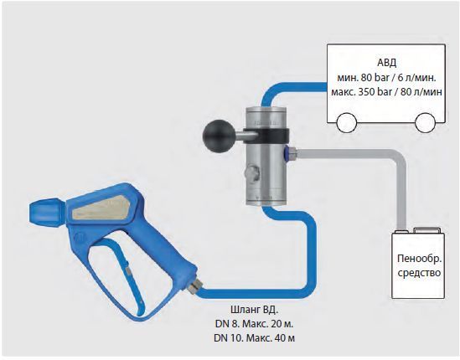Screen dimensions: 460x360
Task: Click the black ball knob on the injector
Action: [215, 136]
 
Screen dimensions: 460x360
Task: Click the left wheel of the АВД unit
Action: [347, 123]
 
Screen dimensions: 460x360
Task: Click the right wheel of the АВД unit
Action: [425, 123]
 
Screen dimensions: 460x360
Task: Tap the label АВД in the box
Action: [386, 63]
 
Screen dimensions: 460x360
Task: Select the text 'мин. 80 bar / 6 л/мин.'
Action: [386, 77]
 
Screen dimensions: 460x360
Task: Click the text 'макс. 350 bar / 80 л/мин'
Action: [386, 92]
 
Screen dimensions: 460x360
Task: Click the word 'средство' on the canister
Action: [419, 273]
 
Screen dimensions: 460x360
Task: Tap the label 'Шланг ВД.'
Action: [255, 309]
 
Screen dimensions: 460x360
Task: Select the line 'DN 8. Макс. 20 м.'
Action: [255, 324]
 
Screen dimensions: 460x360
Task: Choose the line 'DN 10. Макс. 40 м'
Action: [255, 338]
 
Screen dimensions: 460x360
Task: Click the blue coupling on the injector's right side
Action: [287, 152]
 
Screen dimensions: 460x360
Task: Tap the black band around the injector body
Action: [266, 135]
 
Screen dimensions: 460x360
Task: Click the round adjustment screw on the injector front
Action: [252, 173]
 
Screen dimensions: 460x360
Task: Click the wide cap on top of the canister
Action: [426, 230]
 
